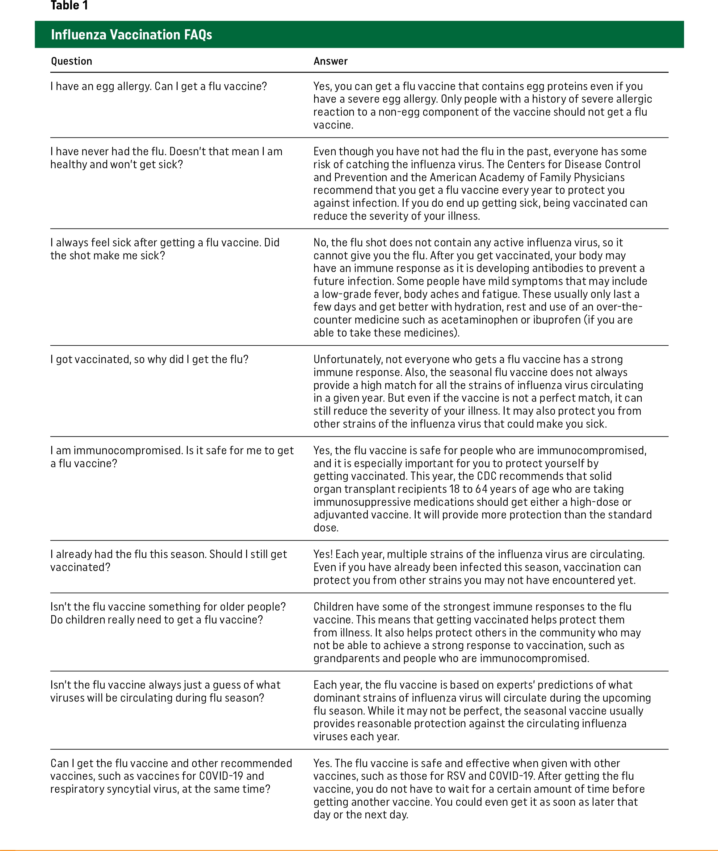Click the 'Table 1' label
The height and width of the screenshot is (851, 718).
tap(69, 6)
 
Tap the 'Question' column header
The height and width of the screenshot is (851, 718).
tap(71, 61)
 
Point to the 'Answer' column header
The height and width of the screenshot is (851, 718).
tap(330, 61)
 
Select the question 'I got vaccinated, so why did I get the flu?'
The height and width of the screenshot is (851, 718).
tap(149, 359)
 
